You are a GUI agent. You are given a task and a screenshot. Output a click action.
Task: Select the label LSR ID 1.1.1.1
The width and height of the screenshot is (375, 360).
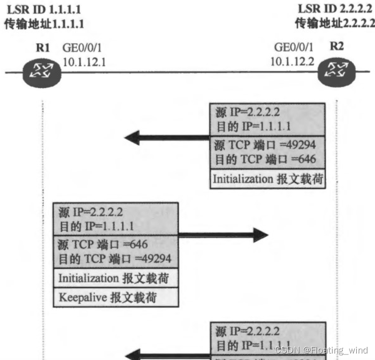tap(44, 10)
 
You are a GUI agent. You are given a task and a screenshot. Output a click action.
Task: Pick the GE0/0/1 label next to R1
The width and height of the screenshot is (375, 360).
tap(83, 49)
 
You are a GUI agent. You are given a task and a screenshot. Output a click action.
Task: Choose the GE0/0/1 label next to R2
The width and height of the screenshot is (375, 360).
tap(293, 48)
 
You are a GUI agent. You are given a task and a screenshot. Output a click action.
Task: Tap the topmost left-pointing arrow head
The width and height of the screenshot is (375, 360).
tap(133, 137)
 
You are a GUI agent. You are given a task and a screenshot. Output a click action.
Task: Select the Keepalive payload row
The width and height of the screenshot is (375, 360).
tap(116, 297)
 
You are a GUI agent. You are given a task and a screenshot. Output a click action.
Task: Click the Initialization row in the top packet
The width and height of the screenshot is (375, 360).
tap(267, 178)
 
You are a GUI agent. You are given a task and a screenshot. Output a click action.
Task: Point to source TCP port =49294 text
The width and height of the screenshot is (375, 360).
tap(265, 145)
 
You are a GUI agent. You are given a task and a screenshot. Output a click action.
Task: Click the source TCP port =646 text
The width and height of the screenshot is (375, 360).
tap(103, 245)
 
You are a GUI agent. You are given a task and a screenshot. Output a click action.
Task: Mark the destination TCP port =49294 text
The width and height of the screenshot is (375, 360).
tap(115, 259)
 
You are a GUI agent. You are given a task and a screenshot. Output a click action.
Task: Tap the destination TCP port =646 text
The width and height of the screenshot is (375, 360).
tap(265, 159)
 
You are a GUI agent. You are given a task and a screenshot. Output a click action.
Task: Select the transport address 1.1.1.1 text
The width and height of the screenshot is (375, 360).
tap(44, 24)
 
